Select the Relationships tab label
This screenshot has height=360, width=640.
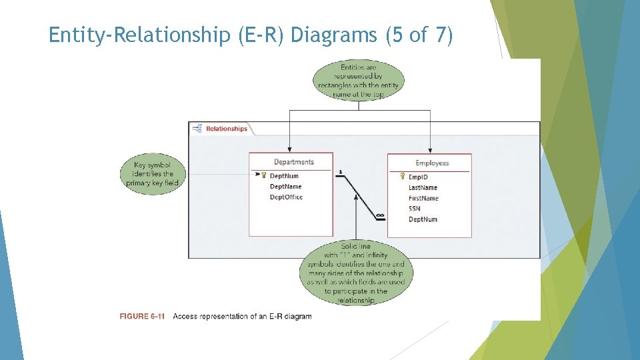[x=226, y=129]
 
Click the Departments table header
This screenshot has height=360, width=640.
[x=293, y=162]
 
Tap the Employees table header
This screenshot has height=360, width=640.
[x=432, y=163]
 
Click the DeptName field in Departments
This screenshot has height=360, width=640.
[x=285, y=187]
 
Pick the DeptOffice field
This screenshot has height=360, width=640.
[x=286, y=197]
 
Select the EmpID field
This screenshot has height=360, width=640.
[x=418, y=177]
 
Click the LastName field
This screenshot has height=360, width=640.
[x=423, y=188]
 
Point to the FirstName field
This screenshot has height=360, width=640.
[x=423, y=198]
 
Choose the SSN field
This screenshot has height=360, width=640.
[x=415, y=209]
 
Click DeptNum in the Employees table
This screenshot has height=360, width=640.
[x=423, y=219]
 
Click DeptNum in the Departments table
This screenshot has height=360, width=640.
[x=284, y=176]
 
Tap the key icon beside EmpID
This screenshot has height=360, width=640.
[x=402, y=177]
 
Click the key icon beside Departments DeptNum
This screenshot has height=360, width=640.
[x=263, y=176]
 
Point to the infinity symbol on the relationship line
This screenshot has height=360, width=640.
[x=379, y=215]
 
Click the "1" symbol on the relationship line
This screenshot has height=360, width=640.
[x=340, y=172]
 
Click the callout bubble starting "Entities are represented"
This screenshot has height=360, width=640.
[x=359, y=81]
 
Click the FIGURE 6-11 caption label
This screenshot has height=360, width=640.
[x=142, y=316]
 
